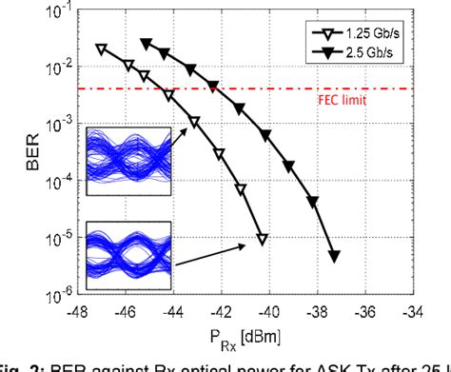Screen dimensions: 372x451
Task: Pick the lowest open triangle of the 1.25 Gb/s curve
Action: coord(263,239)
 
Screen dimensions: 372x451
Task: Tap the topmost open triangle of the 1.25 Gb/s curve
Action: coord(101,49)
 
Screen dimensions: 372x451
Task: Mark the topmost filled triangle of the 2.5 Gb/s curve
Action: coord(146,43)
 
